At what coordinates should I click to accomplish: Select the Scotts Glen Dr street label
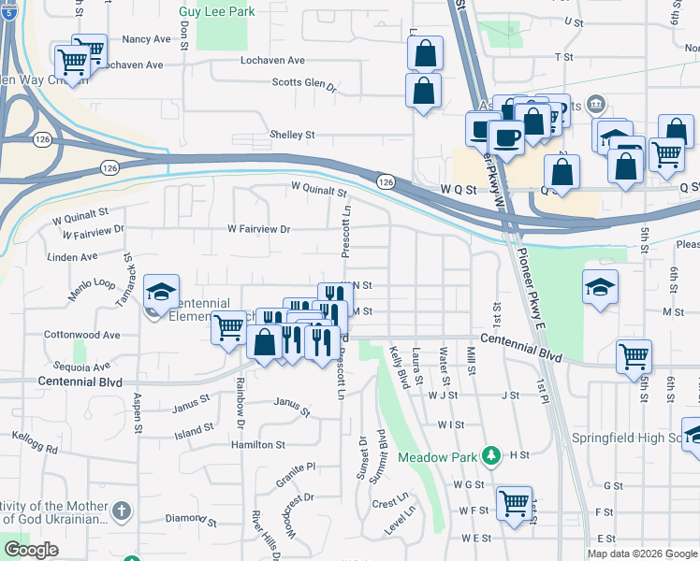coord(304,83)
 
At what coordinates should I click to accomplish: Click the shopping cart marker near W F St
coord(514,503)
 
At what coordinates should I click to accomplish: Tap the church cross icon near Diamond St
coord(122,511)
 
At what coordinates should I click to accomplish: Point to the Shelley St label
coord(293,135)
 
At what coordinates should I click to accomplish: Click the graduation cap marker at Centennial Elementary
coord(161,291)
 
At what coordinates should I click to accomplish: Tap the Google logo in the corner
coord(31,550)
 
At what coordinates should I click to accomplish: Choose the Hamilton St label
coord(257,445)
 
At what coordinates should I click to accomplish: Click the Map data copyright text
coord(641,554)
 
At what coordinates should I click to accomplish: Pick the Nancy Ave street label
coord(147,39)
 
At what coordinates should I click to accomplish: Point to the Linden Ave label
coord(72,256)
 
